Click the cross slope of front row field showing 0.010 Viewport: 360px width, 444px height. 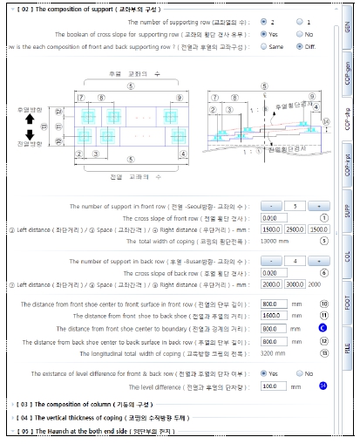274,218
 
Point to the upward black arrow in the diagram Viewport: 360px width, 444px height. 30,117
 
